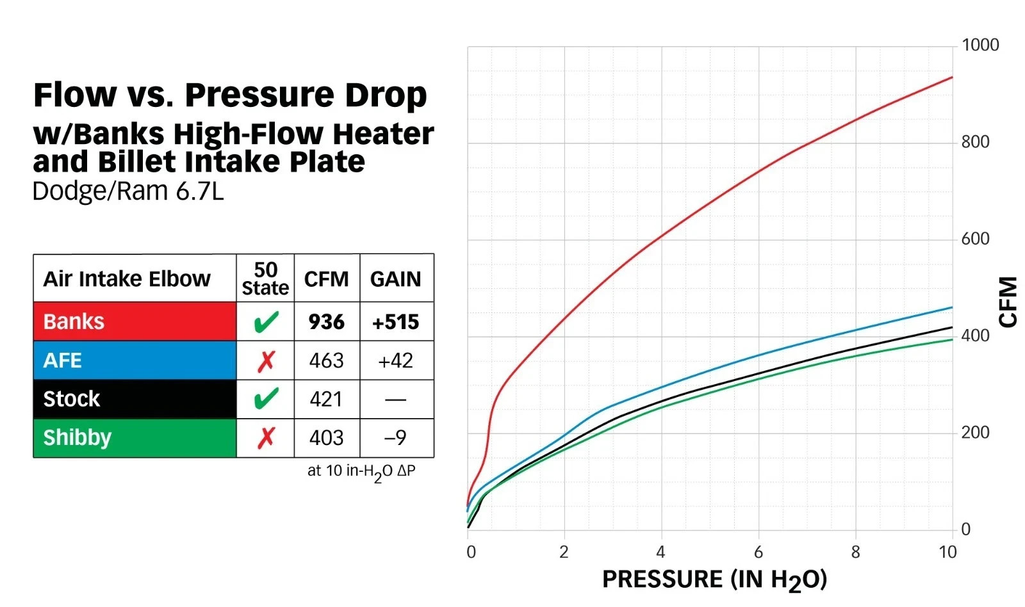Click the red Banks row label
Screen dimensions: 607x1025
[x=74, y=321]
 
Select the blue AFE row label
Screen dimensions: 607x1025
[x=62, y=360]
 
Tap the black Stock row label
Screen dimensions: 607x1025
[x=71, y=399]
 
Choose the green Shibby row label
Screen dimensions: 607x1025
[x=77, y=437]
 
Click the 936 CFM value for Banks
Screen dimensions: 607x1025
[x=326, y=321]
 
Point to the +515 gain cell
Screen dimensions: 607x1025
[x=395, y=321]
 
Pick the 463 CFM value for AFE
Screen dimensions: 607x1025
[x=326, y=360]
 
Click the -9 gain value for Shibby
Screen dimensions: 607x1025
[x=395, y=437]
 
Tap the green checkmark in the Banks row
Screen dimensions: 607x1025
[x=266, y=321]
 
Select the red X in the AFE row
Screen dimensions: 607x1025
[x=266, y=361]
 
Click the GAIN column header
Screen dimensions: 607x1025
[x=395, y=279]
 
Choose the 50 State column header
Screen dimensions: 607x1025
[x=265, y=279]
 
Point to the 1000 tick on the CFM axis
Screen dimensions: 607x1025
[x=980, y=45]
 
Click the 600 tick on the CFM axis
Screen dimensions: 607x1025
[x=975, y=239]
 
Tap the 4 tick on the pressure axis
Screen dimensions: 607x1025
[x=660, y=552]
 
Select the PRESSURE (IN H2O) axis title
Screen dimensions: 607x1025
[x=714, y=579]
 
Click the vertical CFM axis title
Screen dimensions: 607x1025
[x=1008, y=302]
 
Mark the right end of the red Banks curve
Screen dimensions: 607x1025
[x=951, y=77]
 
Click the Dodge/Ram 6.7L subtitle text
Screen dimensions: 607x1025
[x=128, y=191]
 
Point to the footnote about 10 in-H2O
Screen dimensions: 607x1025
[x=361, y=472]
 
